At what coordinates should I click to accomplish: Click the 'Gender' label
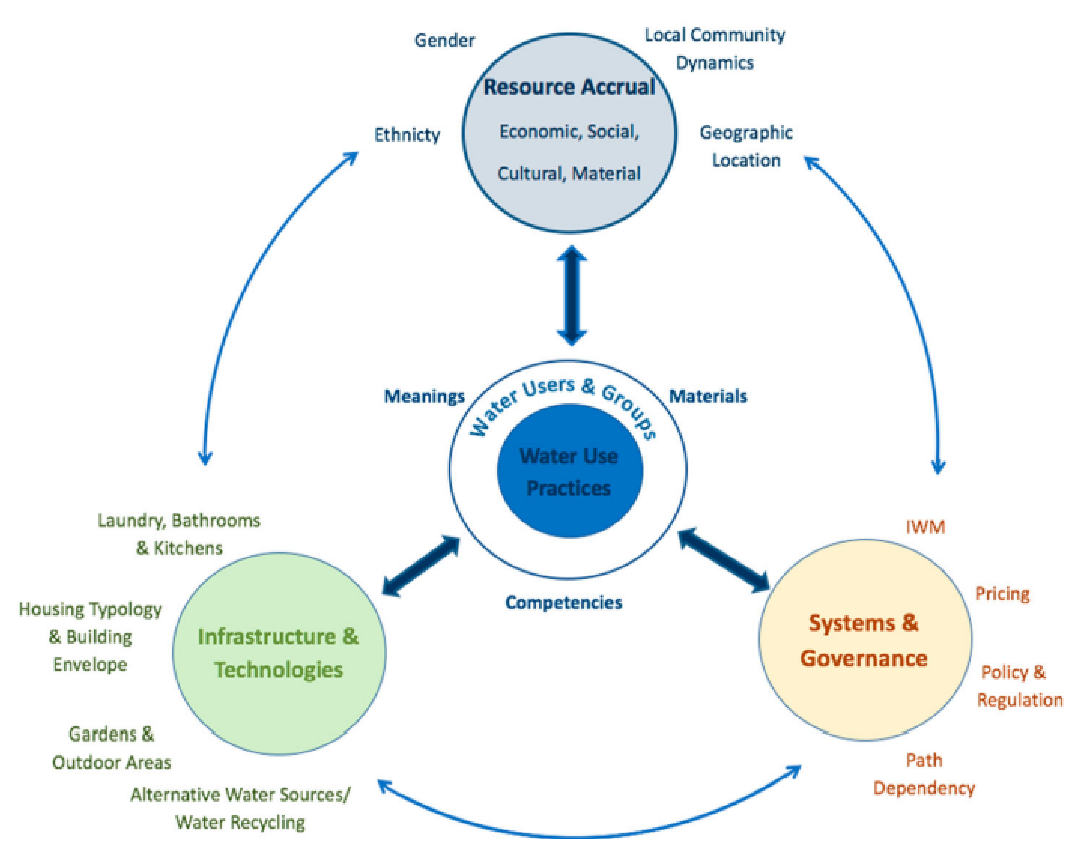tap(444, 40)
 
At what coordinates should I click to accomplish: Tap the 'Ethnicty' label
tap(407, 135)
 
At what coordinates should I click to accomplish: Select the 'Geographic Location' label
tap(746, 146)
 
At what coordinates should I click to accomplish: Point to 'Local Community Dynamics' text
tap(714, 49)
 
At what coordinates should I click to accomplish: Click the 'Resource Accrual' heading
tap(569, 87)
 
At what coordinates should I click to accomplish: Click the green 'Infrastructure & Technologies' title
tap(278, 653)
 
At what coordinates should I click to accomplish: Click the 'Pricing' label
tap(1002, 594)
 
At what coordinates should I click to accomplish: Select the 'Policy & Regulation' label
tap(1019, 686)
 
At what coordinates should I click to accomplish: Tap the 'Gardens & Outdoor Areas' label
tap(111, 748)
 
